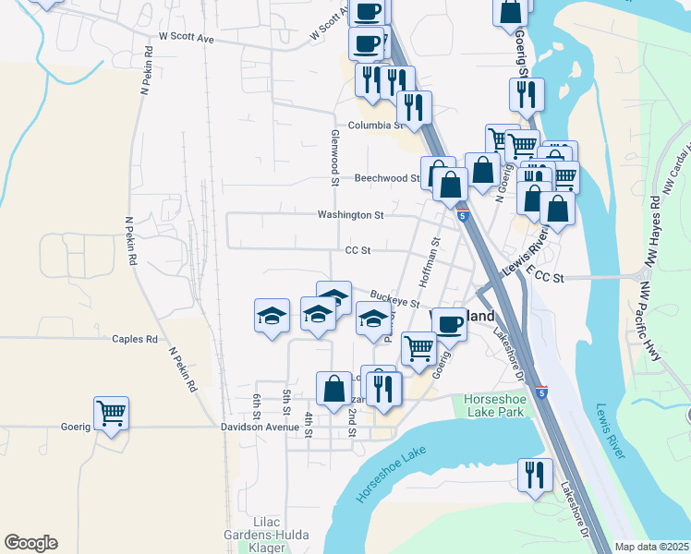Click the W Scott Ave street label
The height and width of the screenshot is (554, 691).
pyautogui.click(x=186, y=39)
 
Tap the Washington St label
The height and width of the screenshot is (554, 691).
pyautogui.click(x=350, y=215)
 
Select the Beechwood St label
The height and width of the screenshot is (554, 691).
pyautogui.click(x=386, y=178)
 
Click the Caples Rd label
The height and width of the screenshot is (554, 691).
pyautogui.click(x=135, y=339)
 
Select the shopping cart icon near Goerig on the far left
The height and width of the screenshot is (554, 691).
pyautogui.click(x=111, y=413)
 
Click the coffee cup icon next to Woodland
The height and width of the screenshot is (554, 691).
pyautogui.click(x=449, y=323)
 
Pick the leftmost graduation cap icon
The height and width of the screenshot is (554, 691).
pyautogui.click(x=273, y=316)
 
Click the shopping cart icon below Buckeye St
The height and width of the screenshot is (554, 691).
pyautogui.click(x=418, y=348)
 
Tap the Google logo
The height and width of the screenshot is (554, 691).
pyautogui.click(x=30, y=543)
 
